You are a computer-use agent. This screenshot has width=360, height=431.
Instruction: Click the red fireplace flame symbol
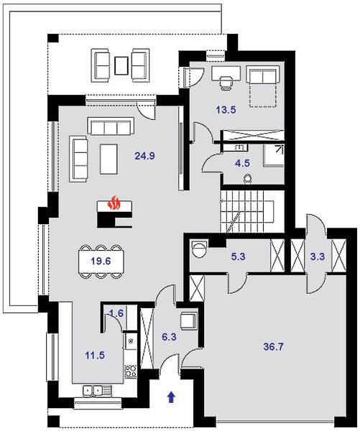click(114, 203)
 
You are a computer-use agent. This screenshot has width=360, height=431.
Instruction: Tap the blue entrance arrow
click(172, 397)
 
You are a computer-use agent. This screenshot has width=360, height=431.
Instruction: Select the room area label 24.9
click(144, 156)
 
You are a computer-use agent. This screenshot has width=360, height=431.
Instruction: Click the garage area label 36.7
click(273, 347)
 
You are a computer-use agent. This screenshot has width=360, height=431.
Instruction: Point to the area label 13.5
click(226, 110)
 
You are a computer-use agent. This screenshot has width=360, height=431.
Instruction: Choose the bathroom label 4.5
click(242, 163)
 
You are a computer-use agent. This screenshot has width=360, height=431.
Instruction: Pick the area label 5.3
click(238, 256)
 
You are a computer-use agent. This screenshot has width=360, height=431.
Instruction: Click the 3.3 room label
click(318, 256)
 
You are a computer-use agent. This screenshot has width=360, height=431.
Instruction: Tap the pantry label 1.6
click(116, 313)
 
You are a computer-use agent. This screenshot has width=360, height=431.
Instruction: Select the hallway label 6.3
click(169, 337)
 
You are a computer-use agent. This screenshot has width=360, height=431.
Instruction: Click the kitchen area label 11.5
click(95, 356)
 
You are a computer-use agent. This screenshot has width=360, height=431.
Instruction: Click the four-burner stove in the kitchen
click(131, 371)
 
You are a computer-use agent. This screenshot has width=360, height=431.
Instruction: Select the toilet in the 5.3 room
click(199, 249)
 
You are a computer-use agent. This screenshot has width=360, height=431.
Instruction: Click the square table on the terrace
click(121, 65)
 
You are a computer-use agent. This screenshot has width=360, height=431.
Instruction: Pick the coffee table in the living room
click(109, 159)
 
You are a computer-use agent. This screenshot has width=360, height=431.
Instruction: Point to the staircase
click(252, 211)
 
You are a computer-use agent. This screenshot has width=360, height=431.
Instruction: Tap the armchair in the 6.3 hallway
click(189, 321)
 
